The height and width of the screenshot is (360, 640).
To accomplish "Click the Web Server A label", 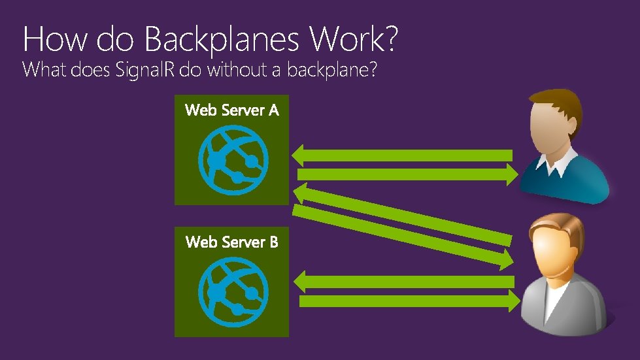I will [232, 110].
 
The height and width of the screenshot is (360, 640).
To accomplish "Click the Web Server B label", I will [232, 242].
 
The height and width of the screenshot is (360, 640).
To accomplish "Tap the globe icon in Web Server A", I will [232, 157].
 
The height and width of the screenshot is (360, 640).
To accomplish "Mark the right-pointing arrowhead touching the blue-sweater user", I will [509, 174].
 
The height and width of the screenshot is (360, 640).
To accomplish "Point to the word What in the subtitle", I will [44, 69].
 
